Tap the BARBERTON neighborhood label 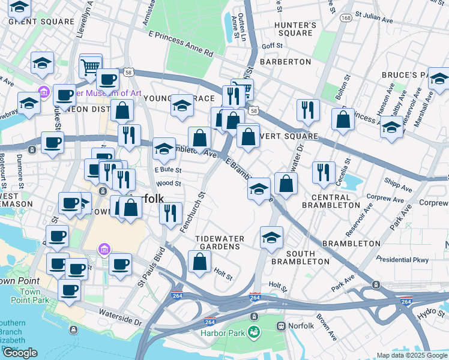[285, 62]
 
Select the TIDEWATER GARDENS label [220, 243]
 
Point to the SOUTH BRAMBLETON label [300, 257]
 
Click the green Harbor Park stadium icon [254, 331]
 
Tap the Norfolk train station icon [280, 326]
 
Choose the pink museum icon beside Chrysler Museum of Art [43, 92]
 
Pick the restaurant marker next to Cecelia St [324, 173]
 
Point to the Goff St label [271, 46]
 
